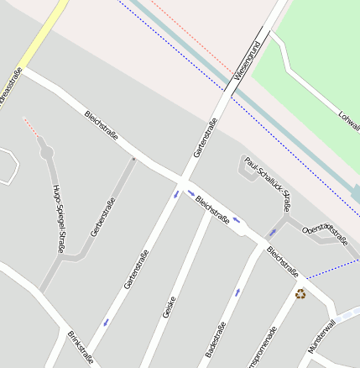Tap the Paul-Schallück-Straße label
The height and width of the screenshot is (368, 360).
(269, 182)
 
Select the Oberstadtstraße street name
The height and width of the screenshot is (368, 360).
(325, 234)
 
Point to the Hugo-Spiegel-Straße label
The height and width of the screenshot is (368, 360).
(59, 218)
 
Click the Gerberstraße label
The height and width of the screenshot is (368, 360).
(102, 216)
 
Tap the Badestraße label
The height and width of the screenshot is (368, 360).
(216, 339)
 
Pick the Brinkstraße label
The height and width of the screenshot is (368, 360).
(81, 348)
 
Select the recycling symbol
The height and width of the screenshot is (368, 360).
(300, 293)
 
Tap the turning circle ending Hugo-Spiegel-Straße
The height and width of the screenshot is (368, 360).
(46, 152)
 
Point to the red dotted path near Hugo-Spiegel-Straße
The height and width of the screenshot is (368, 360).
(30, 126)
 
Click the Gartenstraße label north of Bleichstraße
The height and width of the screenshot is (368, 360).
(206, 138)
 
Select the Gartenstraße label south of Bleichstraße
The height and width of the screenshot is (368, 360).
(136, 270)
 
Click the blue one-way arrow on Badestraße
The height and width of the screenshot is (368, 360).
(237, 292)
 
